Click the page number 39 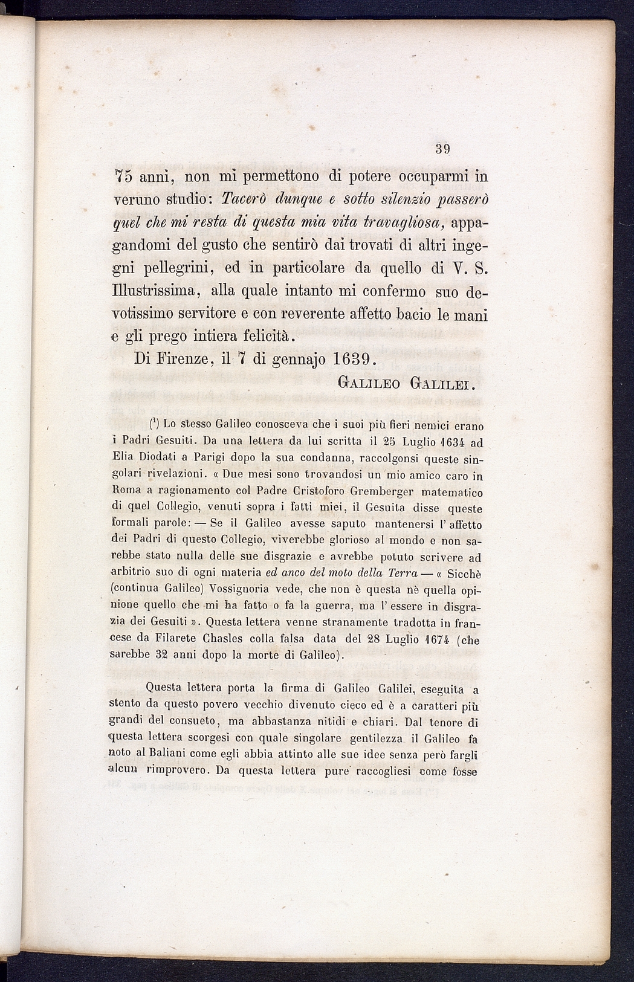tap(444, 149)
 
